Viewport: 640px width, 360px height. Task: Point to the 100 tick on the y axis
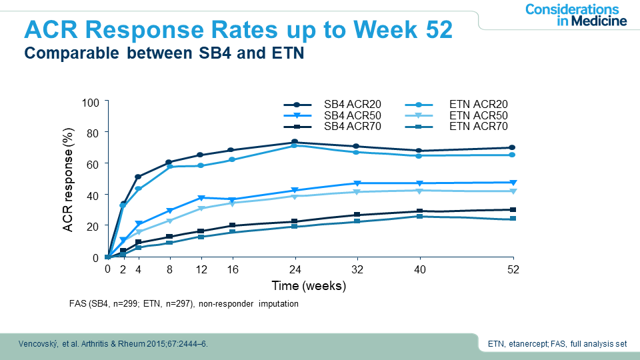90,102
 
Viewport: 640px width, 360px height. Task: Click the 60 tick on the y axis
93,163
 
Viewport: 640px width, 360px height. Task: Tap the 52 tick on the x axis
513,270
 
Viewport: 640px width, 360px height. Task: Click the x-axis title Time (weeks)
309,286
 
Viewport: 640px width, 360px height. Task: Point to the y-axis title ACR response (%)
68,180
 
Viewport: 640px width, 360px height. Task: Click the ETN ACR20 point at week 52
513,155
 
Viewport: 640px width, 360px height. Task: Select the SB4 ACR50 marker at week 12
201,198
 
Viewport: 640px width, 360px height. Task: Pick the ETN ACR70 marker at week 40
419,217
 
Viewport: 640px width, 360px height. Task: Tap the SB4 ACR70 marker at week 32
357,215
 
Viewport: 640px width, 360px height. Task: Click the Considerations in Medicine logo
575,15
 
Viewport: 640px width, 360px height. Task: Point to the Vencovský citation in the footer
112,344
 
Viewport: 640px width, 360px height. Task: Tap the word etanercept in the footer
529,345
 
